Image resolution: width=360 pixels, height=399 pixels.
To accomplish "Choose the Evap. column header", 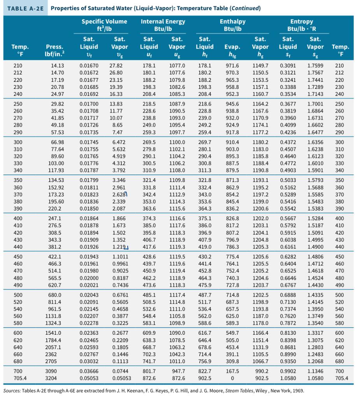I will point(232,47).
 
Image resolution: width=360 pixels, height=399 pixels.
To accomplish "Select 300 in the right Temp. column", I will point(340,143).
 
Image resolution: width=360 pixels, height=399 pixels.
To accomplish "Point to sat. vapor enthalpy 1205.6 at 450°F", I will point(261,257).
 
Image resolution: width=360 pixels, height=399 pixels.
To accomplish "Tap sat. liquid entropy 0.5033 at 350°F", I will point(288,181).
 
